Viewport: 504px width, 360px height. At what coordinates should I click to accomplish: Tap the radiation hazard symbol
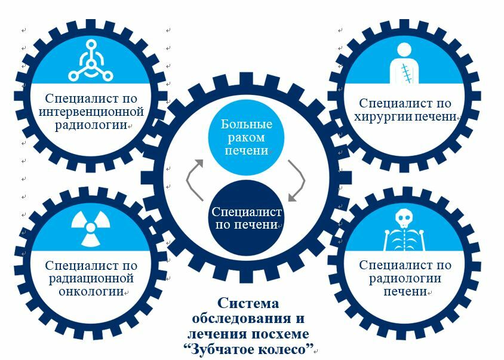pos(91,227)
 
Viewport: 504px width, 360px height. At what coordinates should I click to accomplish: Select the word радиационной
pos(91,279)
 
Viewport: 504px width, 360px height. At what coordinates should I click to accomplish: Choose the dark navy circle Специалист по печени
pos(247,219)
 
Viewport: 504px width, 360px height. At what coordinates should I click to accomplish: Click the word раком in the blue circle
pos(247,138)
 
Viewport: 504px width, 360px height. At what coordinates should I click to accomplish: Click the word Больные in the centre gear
pos(247,125)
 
